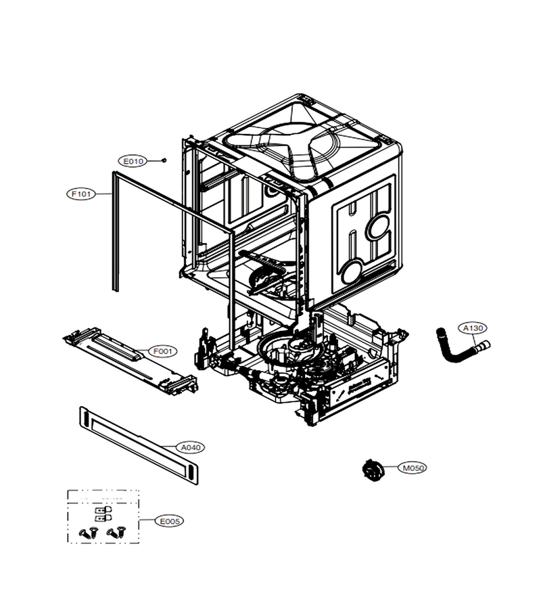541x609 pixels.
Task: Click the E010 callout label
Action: (x=133, y=161)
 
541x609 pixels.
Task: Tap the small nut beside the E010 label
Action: (x=164, y=160)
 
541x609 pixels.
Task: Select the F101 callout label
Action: (x=82, y=194)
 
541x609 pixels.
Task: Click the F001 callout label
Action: (x=162, y=351)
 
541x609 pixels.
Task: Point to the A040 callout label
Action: (x=191, y=447)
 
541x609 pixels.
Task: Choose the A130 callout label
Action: (x=473, y=328)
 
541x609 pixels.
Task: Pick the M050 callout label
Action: (x=413, y=468)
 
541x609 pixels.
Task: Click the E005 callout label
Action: (x=169, y=521)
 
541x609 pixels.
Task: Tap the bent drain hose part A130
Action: (x=460, y=348)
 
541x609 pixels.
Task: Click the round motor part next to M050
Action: (x=372, y=470)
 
